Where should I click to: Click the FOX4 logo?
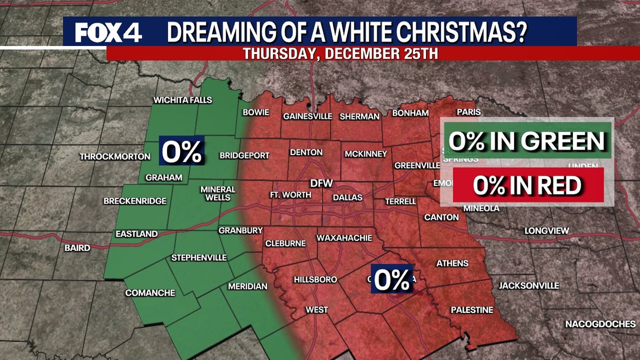click(x=109, y=32)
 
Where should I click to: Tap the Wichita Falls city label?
click(x=183, y=100)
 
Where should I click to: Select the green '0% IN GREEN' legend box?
click(x=526, y=141)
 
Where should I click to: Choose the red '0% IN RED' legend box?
click(x=527, y=185)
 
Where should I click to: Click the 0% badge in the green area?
click(x=182, y=151)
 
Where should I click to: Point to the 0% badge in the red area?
click(x=392, y=279)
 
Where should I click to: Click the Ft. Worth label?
click(x=291, y=195)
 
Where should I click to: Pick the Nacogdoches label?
click(x=600, y=324)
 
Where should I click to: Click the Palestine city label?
click(x=472, y=310)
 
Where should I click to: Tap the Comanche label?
click(x=150, y=293)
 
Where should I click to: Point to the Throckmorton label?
click(x=115, y=157)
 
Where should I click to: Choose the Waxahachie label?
click(x=344, y=238)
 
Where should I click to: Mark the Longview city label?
click(x=546, y=231)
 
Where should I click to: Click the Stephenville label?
click(x=199, y=258)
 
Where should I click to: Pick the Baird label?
click(x=77, y=249)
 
